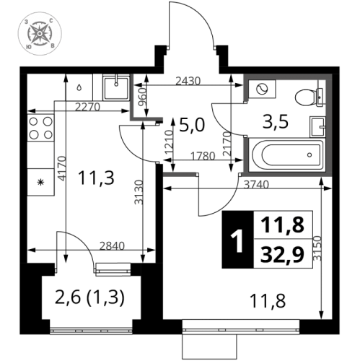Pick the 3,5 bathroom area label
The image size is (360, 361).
[x=276, y=121]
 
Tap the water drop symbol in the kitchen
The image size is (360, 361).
[x=77, y=85]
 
